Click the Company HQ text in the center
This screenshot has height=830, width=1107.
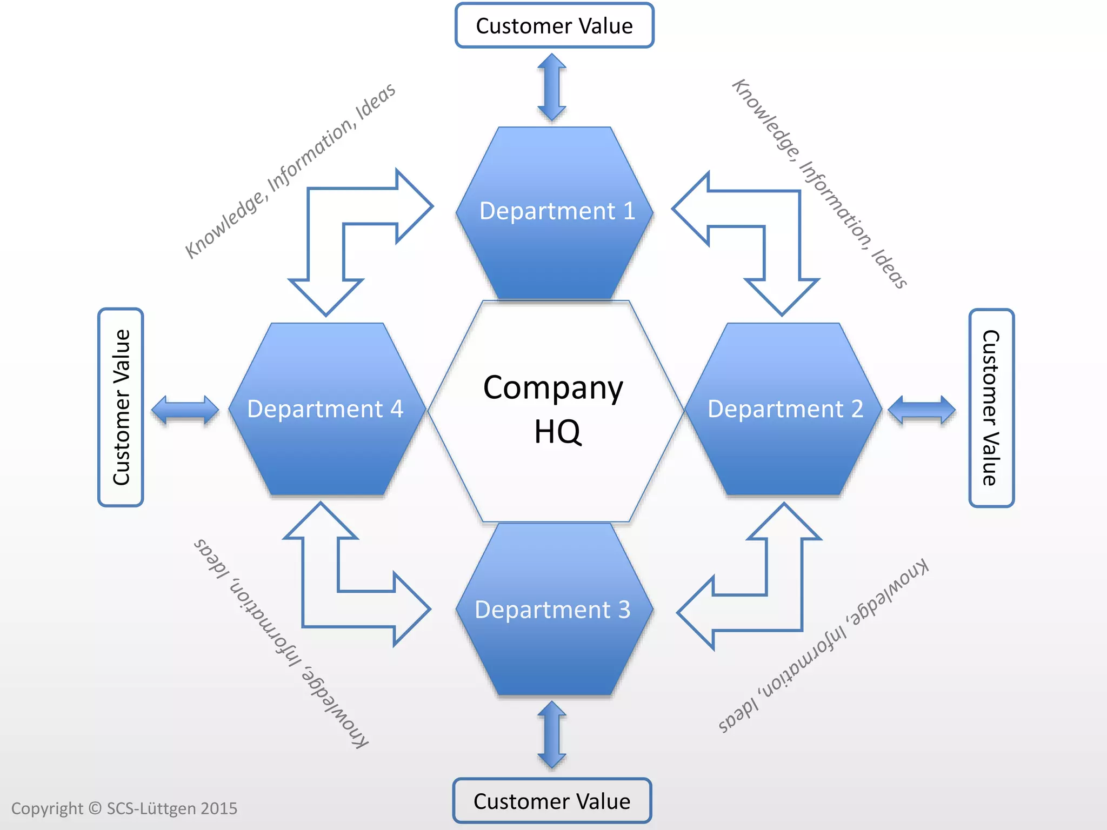click(x=553, y=409)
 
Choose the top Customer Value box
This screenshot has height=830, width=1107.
click(x=555, y=26)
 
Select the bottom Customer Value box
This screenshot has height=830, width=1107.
click(x=552, y=801)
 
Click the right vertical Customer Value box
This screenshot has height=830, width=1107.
click(x=991, y=408)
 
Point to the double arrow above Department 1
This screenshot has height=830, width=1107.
click(x=552, y=87)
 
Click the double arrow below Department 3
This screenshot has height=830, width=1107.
click(x=552, y=735)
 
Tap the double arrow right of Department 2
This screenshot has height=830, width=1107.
click(x=922, y=410)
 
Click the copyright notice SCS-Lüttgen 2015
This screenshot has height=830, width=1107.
click(x=124, y=808)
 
